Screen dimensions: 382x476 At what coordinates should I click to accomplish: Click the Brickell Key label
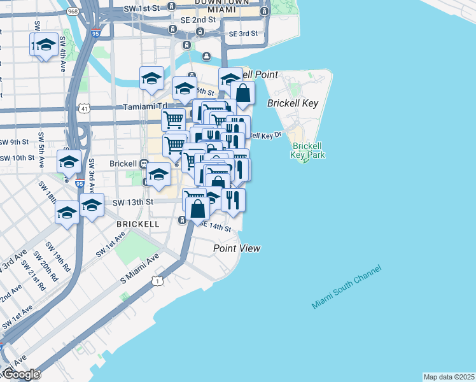[x=295, y=103]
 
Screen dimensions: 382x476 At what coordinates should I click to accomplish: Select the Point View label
[x=237, y=248]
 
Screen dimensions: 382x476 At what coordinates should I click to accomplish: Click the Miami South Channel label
[x=347, y=287]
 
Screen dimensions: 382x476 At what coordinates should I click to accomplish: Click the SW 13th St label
[x=133, y=202]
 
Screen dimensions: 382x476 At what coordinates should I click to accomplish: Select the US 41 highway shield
[x=85, y=109]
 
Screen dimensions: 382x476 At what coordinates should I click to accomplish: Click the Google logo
[x=20, y=374]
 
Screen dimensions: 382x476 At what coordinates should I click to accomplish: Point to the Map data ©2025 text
[x=449, y=377]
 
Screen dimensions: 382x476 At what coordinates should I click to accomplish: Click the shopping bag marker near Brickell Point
[x=243, y=94]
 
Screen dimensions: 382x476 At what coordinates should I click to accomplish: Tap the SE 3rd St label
[x=243, y=33]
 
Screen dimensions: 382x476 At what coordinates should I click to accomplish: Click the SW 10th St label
[x=17, y=158]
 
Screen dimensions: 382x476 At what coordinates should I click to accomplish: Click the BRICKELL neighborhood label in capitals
[x=138, y=225]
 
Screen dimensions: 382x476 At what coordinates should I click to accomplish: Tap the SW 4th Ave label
[x=64, y=53]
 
